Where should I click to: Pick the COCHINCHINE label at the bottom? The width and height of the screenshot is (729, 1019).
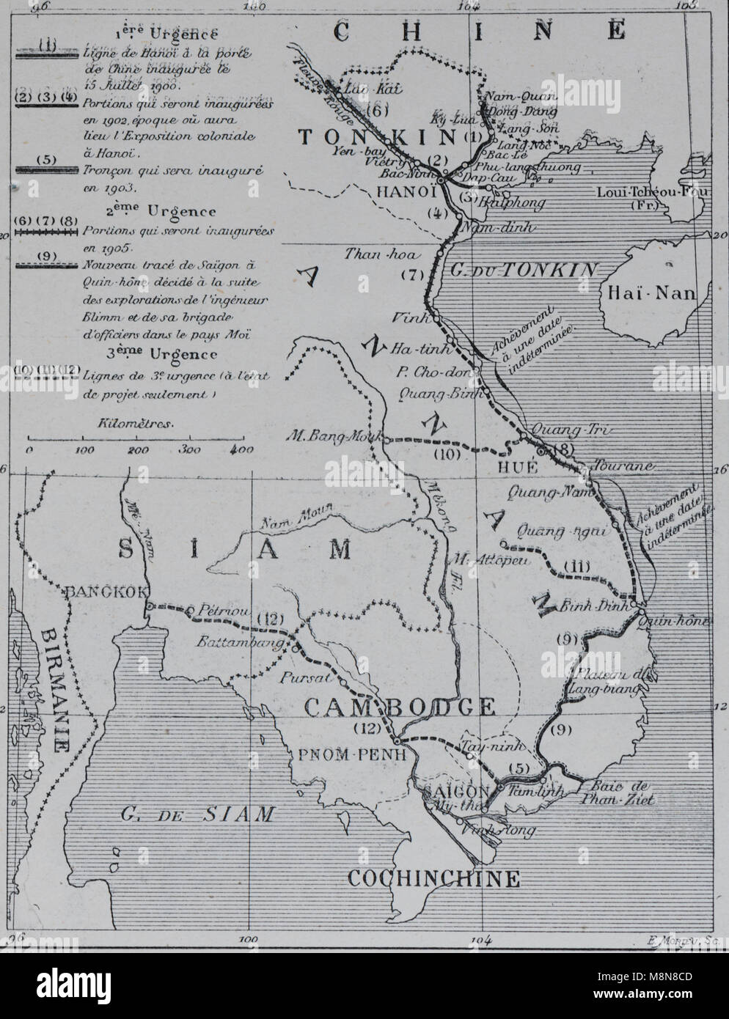[x=433, y=878]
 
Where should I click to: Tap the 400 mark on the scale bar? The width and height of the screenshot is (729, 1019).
[x=237, y=449]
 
